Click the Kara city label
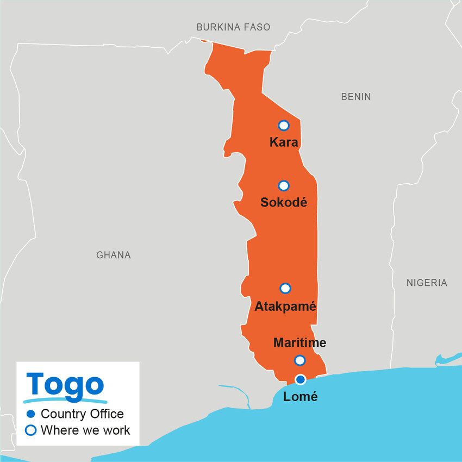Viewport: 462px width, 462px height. point(284,143)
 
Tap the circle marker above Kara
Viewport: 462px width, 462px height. point(283,126)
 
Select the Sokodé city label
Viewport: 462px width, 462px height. point(284,203)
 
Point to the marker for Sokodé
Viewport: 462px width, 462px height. point(283,186)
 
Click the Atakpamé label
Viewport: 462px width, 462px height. point(285,307)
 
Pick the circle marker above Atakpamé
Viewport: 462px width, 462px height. point(285,289)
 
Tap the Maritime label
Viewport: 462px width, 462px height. point(299,343)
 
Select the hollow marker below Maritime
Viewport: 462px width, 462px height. point(299,360)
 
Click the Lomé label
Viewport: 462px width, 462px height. point(301,397)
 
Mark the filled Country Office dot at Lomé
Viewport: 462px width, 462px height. point(300,379)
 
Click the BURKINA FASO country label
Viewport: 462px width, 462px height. point(233,27)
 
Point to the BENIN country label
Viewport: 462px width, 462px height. point(356,97)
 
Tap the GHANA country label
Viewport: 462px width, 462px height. point(114,255)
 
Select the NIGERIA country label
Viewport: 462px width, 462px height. point(427,283)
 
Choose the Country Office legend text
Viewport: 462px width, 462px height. point(82,414)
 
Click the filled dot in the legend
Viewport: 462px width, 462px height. point(31,414)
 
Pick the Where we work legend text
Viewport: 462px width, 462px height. point(85,430)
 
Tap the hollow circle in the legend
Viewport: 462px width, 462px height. point(31,430)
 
